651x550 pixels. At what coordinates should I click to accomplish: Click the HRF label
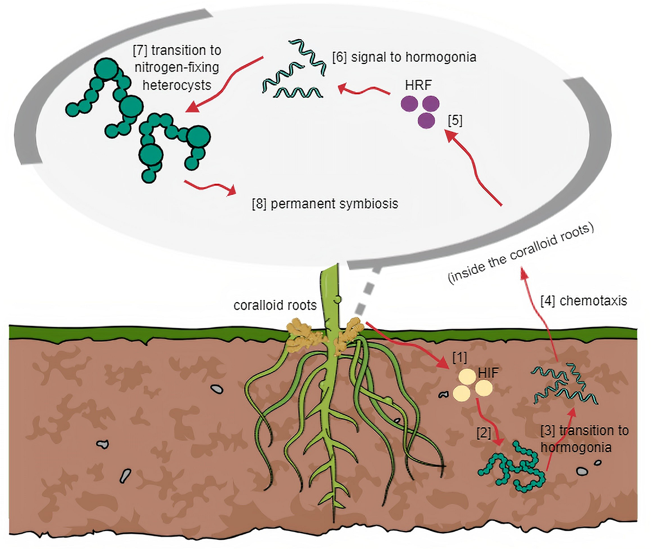[418, 86]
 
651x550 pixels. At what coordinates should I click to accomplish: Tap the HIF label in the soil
[488, 374]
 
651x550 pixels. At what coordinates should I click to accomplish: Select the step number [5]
[455, 120]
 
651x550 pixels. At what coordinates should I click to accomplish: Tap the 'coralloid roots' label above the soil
[275, 305]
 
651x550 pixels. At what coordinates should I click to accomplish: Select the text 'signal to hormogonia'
[414, 57]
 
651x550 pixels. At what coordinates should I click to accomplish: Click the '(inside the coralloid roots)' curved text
[521, 252]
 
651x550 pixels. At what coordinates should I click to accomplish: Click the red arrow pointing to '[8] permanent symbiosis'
[210, 187]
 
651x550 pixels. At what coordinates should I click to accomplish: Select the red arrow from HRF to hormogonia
[363, 90]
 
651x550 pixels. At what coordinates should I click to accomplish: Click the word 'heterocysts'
[177, 85]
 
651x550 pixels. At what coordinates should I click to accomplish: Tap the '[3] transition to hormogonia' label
[585, 439]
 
